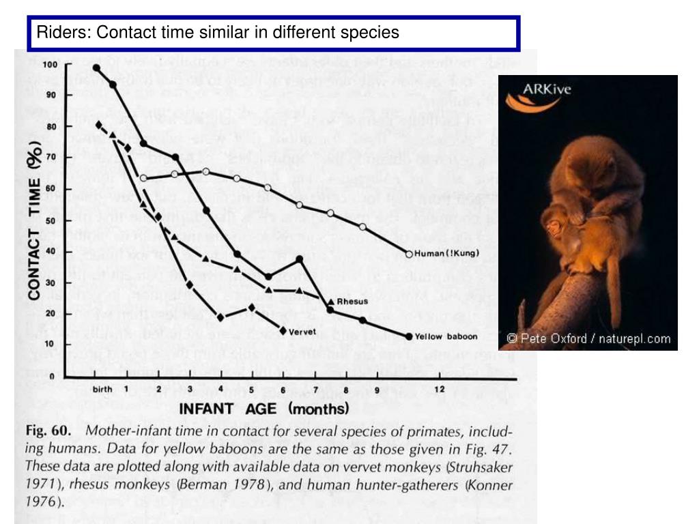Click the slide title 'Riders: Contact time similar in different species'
point(218,32)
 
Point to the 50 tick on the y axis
point(51,221)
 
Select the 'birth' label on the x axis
point(102,390)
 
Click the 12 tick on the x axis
point(440,390)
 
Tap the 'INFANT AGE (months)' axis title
point(263,409)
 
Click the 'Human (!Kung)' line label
point(448,254)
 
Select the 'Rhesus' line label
point(352,301)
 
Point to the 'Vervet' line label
point(300,332)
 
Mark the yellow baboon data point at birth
point(97,68)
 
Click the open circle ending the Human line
point(410,254)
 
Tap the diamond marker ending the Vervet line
point(283,331)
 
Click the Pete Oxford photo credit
point(588,338)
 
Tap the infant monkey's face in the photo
point(554,227)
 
